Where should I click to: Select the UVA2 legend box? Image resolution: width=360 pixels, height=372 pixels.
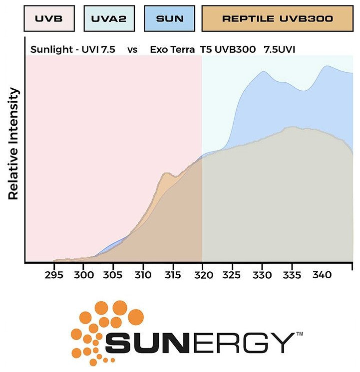(x=108, y=19)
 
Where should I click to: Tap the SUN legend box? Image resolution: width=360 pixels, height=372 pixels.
(x=170, y=19)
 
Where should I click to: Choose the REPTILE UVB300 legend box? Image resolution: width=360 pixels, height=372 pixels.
(x=277, y=19)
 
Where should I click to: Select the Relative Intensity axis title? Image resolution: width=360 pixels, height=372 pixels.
(x=13, y=144)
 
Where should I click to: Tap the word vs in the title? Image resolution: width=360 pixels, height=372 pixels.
(x=133, y=50)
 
